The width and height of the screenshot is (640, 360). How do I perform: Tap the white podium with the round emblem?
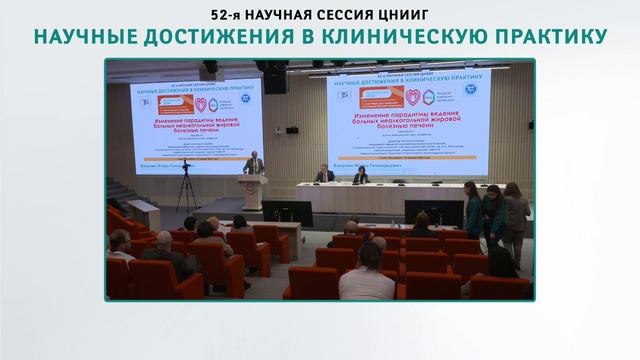point(253,191)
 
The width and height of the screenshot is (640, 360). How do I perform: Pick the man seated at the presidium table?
point(326,175)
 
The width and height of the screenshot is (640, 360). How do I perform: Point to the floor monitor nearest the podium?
point(287,212)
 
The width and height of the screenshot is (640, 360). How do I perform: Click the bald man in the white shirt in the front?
point(366,280)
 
